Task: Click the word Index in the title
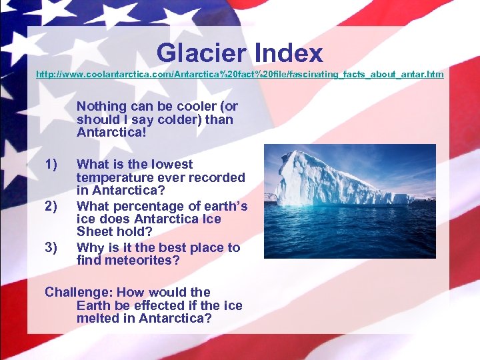coord(287,53)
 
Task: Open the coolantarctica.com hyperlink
coord(239,74)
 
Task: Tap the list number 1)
coord(51,165)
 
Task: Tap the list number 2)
coord(51,206)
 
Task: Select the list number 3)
coord(51,248)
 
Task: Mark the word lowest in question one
coord(171,165)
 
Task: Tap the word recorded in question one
coord(217,178)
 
